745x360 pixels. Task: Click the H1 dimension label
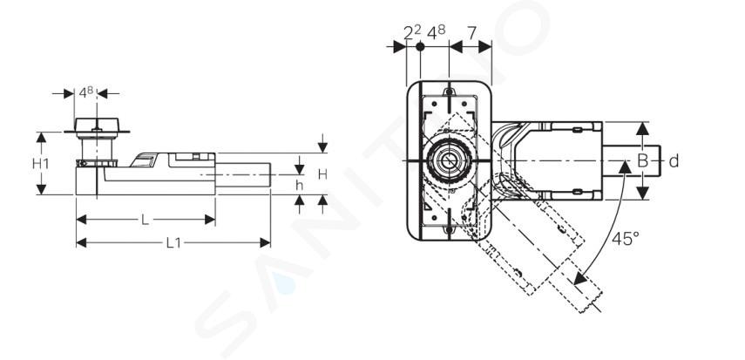coord(41,164)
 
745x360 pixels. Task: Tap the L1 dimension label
coord(173,243)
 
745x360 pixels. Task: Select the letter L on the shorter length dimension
coord(145,220)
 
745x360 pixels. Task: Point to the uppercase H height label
coord(322,174)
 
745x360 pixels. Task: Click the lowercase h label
coord(300,186)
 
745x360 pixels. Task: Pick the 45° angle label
coord(626,238)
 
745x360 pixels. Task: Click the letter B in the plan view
coord(642,160)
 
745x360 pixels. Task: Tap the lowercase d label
coord(674,161)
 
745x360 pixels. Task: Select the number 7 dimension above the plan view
coord(471,33)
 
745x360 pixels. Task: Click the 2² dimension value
coord(412,32)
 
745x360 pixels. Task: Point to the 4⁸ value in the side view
coord(86,92)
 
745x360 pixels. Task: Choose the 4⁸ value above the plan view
coord(437,32)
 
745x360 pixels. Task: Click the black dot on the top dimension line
coord(420,46)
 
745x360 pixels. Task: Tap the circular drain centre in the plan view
coord(449,160)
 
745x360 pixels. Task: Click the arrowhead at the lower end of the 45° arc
coord(580,278)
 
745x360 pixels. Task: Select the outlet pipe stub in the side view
coord(243,174)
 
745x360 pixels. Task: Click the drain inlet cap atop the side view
coord(97,125)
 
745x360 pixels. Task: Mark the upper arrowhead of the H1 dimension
coord(41,138)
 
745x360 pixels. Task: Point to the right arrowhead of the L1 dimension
coord(265,243)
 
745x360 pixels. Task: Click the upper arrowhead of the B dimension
coord(642,128)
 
